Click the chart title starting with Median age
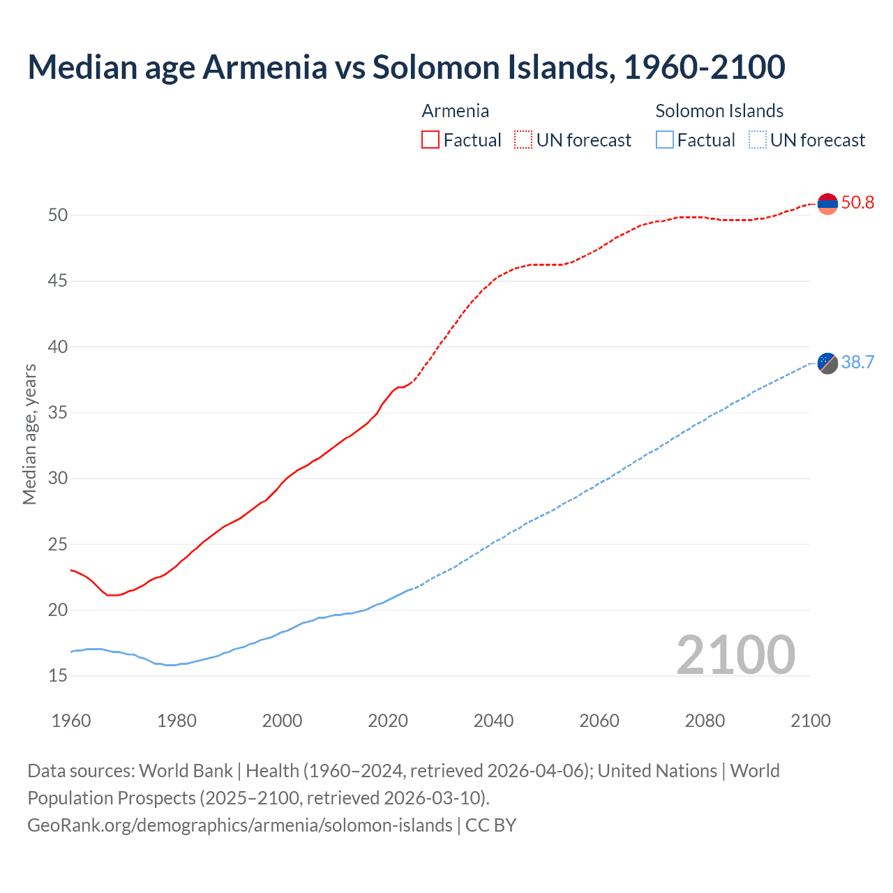tap(406, 67)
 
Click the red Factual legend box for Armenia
tap(430, 140)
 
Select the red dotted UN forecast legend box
tap(523, 140)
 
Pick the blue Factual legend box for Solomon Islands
tap(665, 140)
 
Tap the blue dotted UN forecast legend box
tap(758, 140)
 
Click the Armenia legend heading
tap(455, 111)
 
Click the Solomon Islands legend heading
tap(719, 111)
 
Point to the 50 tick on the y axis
tap(58, 215)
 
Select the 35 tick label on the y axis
tap(58, 412)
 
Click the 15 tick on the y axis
tap(58, 675)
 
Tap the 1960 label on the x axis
tap(71, 721)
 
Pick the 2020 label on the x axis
tap(388, 721)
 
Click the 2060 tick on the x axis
tap(599, 721)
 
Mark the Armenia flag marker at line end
tap(827, 204)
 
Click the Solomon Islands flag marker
tap(827, 363)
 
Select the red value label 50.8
tap(857, 203)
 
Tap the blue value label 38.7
tap(857, 362)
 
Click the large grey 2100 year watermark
tap(735, 654)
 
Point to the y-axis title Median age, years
tap(29, 434)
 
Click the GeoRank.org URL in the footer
tap(240, 825)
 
